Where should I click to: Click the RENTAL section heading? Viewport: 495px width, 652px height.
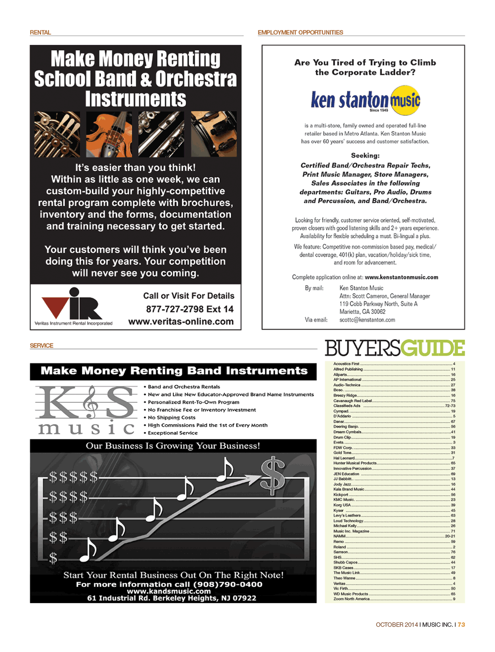click(40, 33)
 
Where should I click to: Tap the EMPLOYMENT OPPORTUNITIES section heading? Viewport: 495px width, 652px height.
click(300, 33)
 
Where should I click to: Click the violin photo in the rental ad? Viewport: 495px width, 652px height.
click(109, 134)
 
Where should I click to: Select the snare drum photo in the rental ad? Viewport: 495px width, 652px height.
click(214, 134)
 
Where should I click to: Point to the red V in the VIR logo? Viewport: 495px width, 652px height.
click(55, 306)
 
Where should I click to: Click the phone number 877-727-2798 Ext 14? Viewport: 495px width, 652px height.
click(190, 309)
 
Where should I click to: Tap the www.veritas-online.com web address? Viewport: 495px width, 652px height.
click(181, 321)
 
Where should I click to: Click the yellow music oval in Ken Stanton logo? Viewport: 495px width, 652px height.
click(405, 101)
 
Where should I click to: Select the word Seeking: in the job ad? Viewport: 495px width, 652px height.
click(365, 155)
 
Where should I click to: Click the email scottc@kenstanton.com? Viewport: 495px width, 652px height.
click(367, 320)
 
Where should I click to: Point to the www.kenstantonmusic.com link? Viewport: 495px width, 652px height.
click(401, 277)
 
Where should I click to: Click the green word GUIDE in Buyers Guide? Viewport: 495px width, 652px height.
click(432, 348)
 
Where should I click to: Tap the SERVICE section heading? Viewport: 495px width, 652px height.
click(42, 346)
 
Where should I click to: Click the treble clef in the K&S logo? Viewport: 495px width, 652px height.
click(90, 402)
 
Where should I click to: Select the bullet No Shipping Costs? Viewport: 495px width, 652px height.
click(171, 418)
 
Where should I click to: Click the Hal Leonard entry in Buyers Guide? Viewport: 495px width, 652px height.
click(344, 458)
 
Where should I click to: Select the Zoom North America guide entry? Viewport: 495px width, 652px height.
click(351, 599)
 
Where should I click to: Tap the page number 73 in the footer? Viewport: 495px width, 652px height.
click(461, 625)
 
